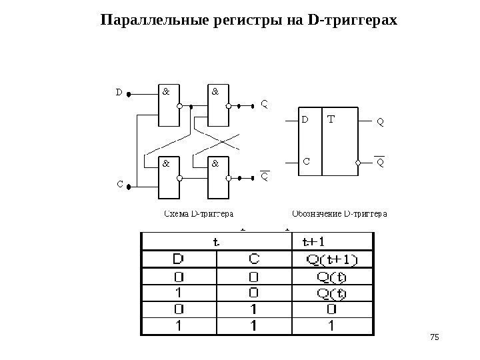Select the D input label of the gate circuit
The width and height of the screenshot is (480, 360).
pos(119,93)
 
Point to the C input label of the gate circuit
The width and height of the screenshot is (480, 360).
pos(119,183)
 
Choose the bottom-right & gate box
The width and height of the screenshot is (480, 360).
pos(218,177)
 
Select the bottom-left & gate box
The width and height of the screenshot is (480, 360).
pos(169,177)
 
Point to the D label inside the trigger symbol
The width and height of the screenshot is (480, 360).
pos(305,121)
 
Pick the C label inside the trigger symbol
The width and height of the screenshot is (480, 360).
pos(306,161)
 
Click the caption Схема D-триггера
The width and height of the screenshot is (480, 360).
pos(199,215)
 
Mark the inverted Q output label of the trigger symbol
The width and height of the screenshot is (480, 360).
pos(380,163)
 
